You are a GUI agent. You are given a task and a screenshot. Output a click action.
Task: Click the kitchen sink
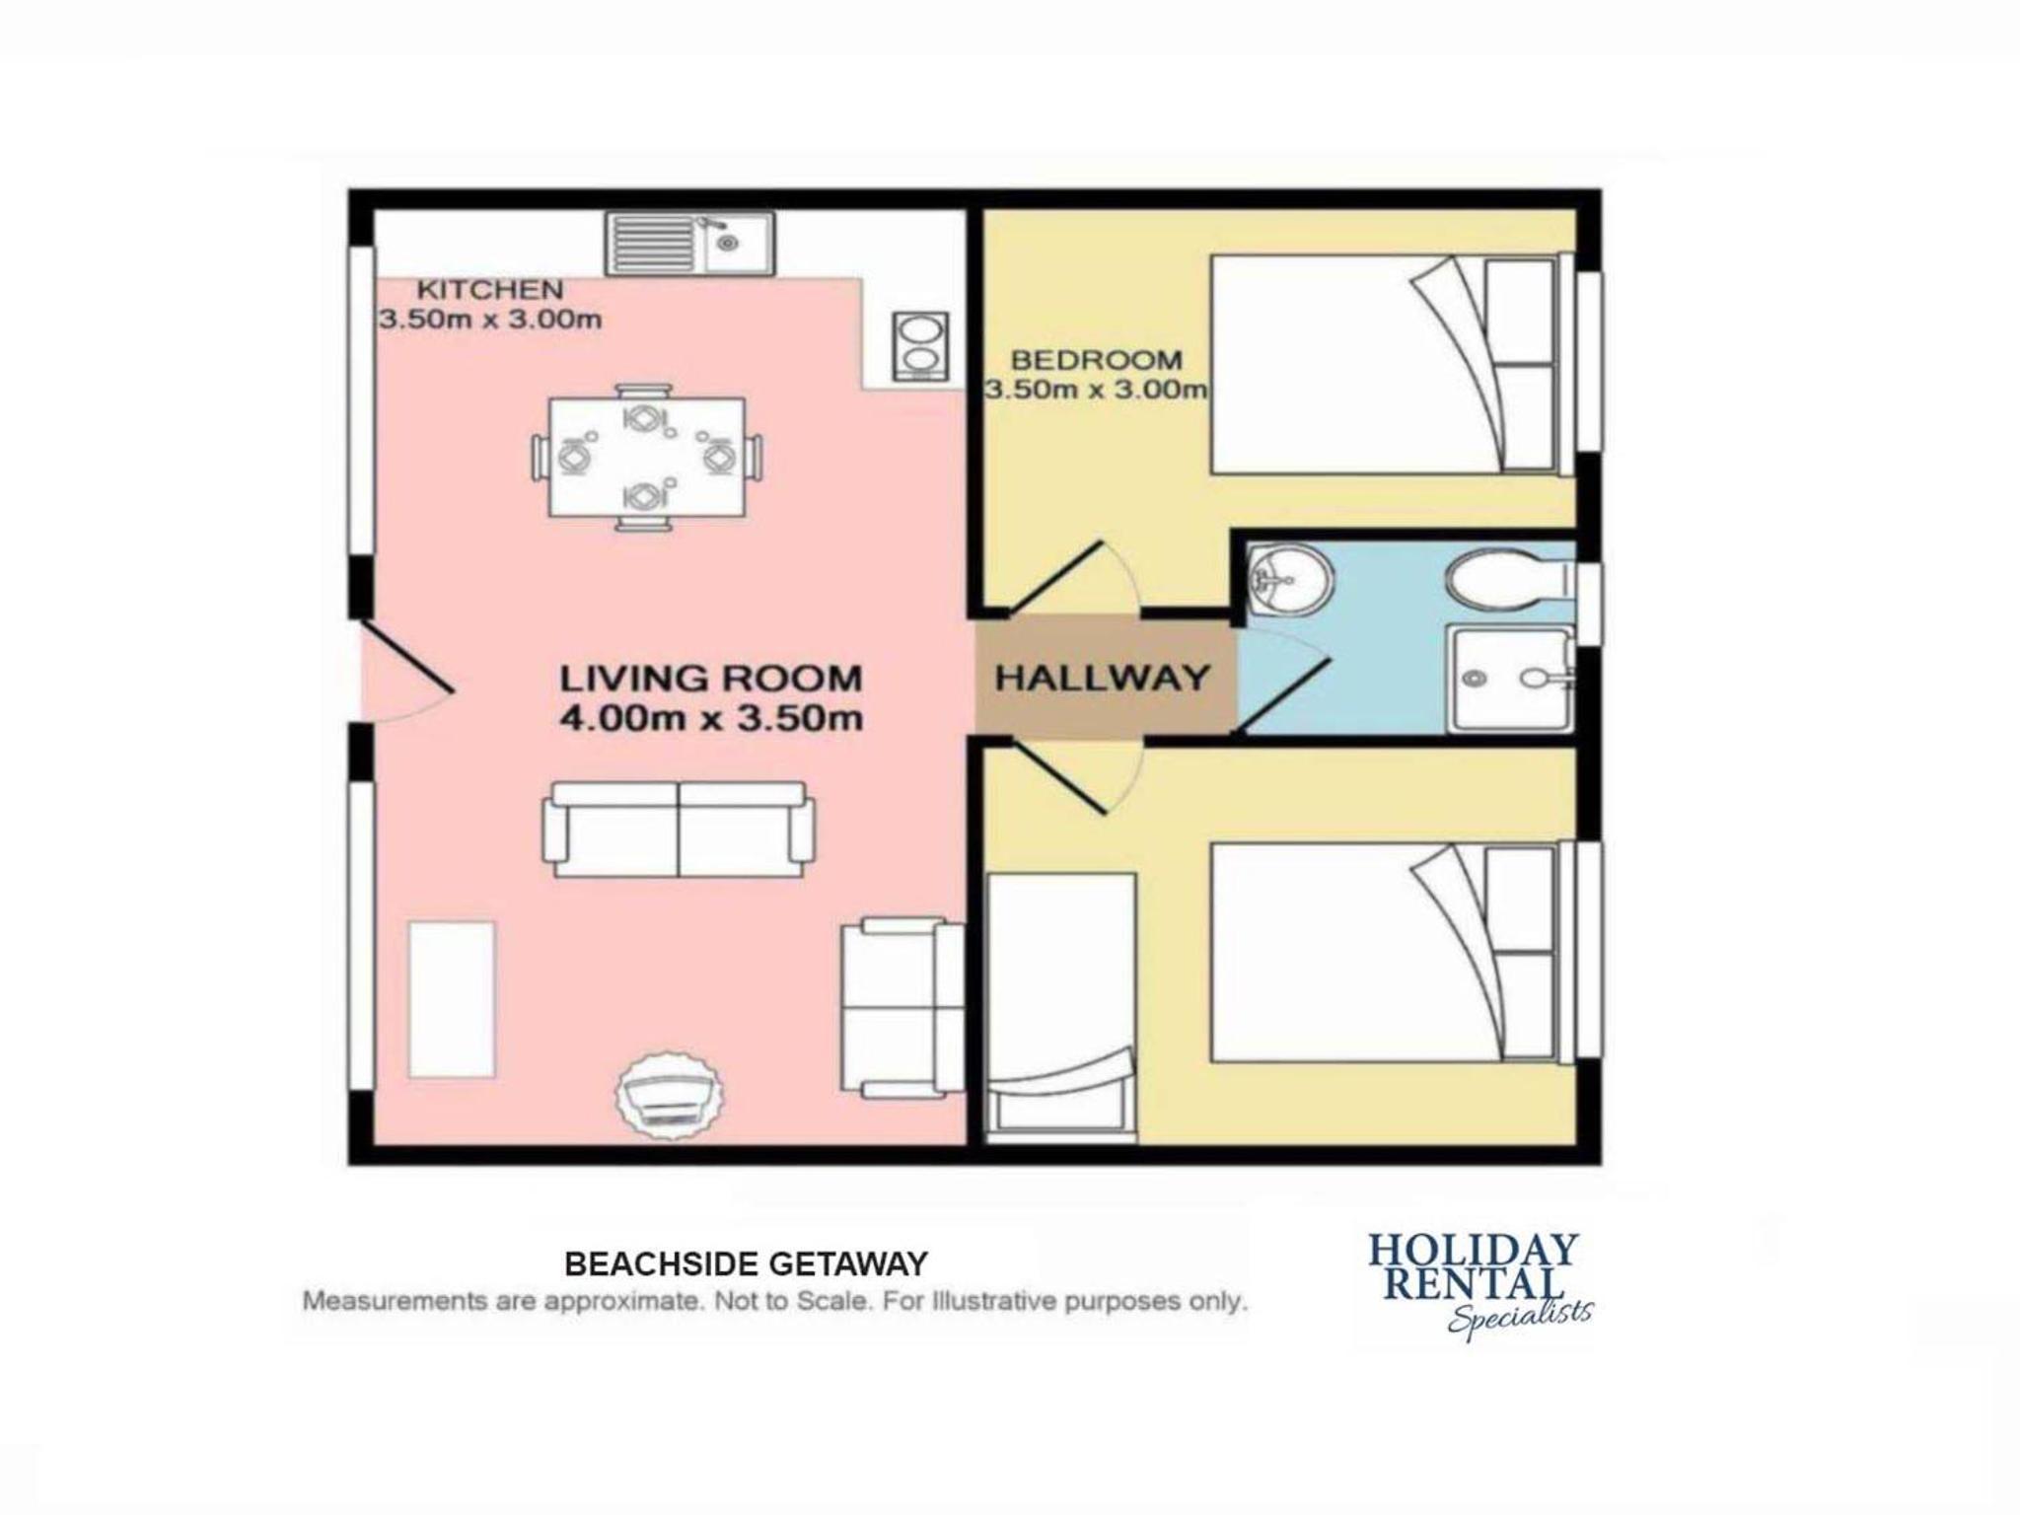click(690, 245)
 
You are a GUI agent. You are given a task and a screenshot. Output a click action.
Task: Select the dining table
click(647, 458)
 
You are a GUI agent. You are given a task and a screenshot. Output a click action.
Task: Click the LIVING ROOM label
click(711, 679)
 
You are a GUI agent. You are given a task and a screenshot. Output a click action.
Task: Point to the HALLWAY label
click(1102, 678)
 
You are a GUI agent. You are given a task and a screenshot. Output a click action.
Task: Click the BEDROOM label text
click(1096, 360)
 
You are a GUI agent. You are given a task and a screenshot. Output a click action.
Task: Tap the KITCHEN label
click(490, 290)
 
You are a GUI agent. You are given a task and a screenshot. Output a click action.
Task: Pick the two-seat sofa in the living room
click(679, 830)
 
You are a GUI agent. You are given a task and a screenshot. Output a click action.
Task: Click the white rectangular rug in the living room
click(452, 1000)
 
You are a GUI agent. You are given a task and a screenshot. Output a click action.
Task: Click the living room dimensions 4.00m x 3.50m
click(711, 718)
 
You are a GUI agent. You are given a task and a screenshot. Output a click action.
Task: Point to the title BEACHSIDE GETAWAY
click(747, 1263)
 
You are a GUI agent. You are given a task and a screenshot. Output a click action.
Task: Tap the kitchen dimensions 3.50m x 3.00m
click(490, 320)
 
